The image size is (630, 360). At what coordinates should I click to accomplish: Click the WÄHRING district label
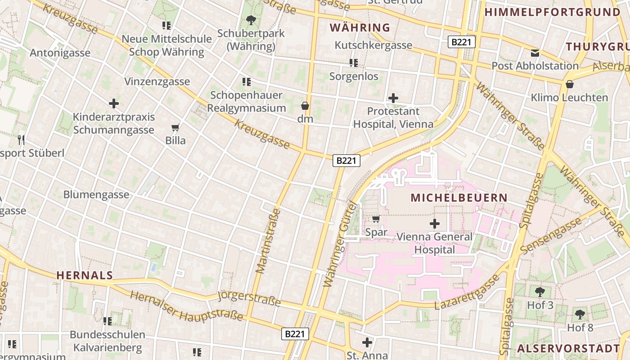360,27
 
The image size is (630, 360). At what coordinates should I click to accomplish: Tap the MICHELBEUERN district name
459,198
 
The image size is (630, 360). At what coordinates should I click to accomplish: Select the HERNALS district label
85,275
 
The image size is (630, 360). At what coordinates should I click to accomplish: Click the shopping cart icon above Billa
175,128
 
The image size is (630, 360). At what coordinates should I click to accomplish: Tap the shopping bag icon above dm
305,106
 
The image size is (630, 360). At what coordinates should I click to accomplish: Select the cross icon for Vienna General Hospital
435,223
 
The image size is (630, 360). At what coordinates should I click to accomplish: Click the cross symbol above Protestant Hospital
393,98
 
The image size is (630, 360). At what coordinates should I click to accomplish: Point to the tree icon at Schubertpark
251,20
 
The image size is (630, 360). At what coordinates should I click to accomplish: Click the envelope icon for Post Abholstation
535,53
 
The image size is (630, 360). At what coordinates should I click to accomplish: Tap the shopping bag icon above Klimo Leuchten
569,84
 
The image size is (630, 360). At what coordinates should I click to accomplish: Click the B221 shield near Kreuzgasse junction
346,161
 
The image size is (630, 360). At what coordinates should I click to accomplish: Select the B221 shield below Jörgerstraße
296,334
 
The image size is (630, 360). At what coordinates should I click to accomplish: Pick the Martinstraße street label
268,241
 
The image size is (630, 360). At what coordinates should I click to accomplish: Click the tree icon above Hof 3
540,292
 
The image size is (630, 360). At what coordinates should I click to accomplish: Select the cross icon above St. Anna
367,342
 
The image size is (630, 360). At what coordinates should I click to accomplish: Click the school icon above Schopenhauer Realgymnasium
246,82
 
